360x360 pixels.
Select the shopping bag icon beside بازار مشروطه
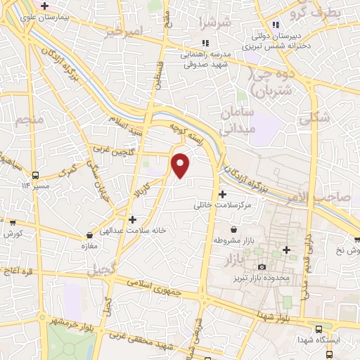[x=235, y=229]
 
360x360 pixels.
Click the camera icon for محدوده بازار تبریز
[x=262, y=266]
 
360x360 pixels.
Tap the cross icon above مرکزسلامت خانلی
[x=223, y=194]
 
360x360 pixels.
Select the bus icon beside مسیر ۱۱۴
[x=35, y=175]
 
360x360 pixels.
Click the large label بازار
[x=237, y=260]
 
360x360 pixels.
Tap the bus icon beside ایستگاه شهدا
[x=321, y=328]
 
